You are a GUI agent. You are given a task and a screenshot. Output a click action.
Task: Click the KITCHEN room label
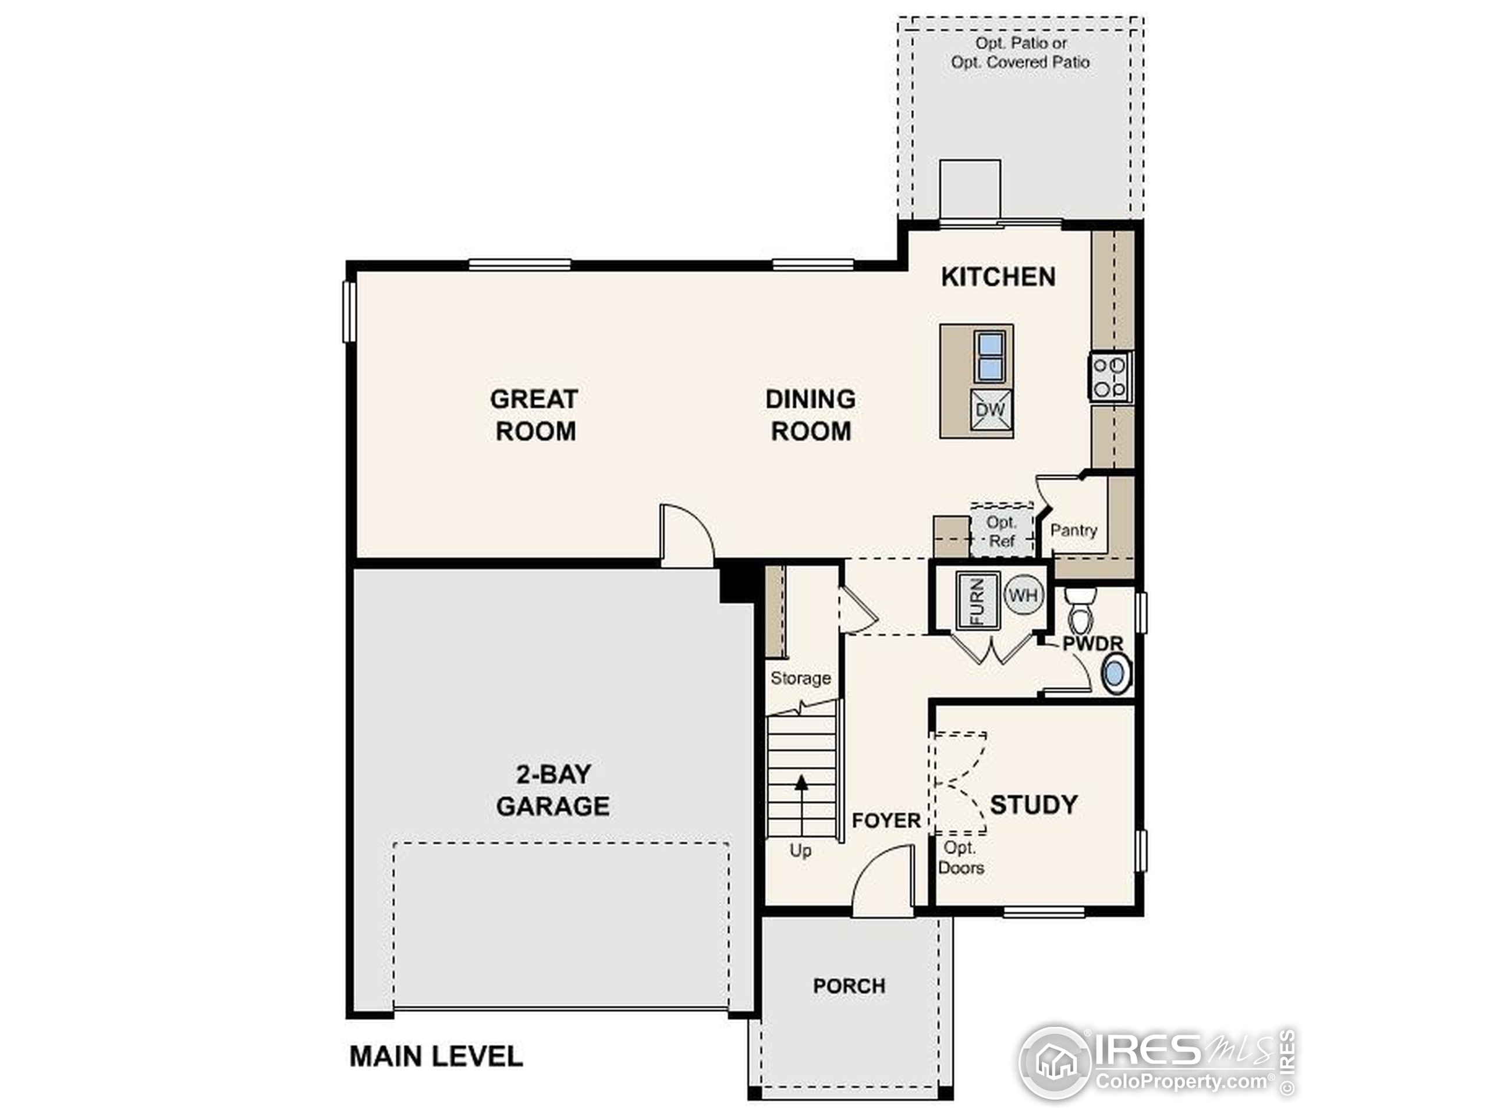click(998, 277)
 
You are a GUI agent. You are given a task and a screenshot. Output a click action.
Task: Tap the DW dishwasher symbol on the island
click(991, 410)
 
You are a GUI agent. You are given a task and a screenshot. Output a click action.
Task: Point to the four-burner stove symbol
click(1110, 377)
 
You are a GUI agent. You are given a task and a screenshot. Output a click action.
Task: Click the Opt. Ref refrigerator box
click(1002, 530)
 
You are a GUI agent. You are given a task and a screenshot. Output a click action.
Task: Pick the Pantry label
click(1074, 530)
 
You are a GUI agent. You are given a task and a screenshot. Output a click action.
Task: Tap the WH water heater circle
click(1024, 595)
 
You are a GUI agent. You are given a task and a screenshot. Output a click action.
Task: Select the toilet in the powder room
click(1082, 609)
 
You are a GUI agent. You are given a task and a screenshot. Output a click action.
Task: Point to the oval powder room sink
click(1116, 674)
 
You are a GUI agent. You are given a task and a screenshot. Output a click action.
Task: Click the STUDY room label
click(1034, 805)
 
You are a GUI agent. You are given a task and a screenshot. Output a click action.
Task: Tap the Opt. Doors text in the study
click(962, 858)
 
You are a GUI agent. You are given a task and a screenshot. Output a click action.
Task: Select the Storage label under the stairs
click(800, 678)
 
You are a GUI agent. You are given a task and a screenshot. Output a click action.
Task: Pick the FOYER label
click(886, 820)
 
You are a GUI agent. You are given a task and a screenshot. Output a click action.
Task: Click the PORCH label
click(849, 986)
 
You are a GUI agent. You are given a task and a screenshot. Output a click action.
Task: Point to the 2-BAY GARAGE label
click(553, 790)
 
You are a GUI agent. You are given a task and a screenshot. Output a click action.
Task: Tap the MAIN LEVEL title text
click(436, 1056)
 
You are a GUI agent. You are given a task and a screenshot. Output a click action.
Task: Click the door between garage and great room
click(686, 536)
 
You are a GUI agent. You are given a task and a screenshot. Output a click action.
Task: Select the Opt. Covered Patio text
click(1020, 62)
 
